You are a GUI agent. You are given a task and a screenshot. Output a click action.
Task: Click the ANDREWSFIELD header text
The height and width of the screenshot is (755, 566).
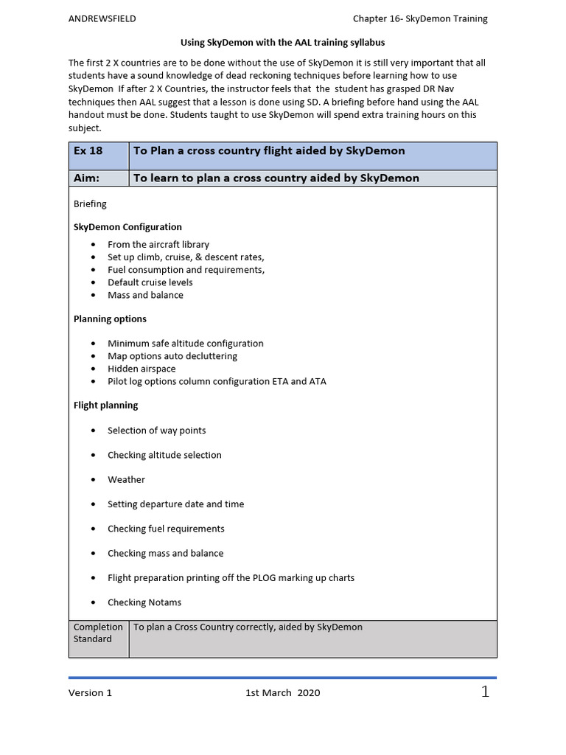(102, 19)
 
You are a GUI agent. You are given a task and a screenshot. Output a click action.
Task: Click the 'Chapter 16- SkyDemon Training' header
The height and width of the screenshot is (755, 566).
(420, 19)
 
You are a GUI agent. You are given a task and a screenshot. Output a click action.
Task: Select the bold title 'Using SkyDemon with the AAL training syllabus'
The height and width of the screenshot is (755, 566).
(283, 44)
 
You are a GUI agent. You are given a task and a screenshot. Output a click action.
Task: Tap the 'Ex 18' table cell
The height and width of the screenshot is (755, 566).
(88, 151)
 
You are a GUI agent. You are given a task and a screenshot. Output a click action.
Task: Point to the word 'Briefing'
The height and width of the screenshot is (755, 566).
(90, 203)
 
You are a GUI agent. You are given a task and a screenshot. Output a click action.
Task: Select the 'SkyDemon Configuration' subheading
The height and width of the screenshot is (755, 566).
(127, 227)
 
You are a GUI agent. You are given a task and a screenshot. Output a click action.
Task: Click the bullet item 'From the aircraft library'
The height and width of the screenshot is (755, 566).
(158, 245)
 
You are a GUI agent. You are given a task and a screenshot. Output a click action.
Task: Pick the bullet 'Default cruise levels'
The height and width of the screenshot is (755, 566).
(150, 282)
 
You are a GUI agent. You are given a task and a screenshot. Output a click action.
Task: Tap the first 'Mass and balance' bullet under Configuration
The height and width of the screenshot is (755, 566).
(145, 295)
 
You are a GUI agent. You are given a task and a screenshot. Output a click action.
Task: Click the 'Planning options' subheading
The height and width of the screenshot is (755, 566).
(110, 319)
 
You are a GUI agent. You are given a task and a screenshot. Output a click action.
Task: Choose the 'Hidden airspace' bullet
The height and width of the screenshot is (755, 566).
(141, 369)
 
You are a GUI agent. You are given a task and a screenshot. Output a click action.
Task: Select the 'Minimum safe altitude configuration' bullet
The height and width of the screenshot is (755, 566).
(185, 344)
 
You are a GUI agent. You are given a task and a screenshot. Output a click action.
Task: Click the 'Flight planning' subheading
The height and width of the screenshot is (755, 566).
(105, 405)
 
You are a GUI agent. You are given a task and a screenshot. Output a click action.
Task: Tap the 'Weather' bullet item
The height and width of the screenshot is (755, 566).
(126, 480)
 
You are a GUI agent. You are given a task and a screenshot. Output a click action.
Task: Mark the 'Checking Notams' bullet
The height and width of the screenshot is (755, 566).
(144, 602)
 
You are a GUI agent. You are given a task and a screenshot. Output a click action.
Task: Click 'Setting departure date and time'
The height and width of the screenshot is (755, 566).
(175, 504)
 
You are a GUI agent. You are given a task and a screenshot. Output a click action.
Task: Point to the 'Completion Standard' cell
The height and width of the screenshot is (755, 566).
(98, 633)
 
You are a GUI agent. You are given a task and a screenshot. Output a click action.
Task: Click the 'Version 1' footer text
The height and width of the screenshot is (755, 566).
(91, 693)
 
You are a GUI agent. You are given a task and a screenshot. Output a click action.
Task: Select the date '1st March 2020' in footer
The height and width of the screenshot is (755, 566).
(282, 693)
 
